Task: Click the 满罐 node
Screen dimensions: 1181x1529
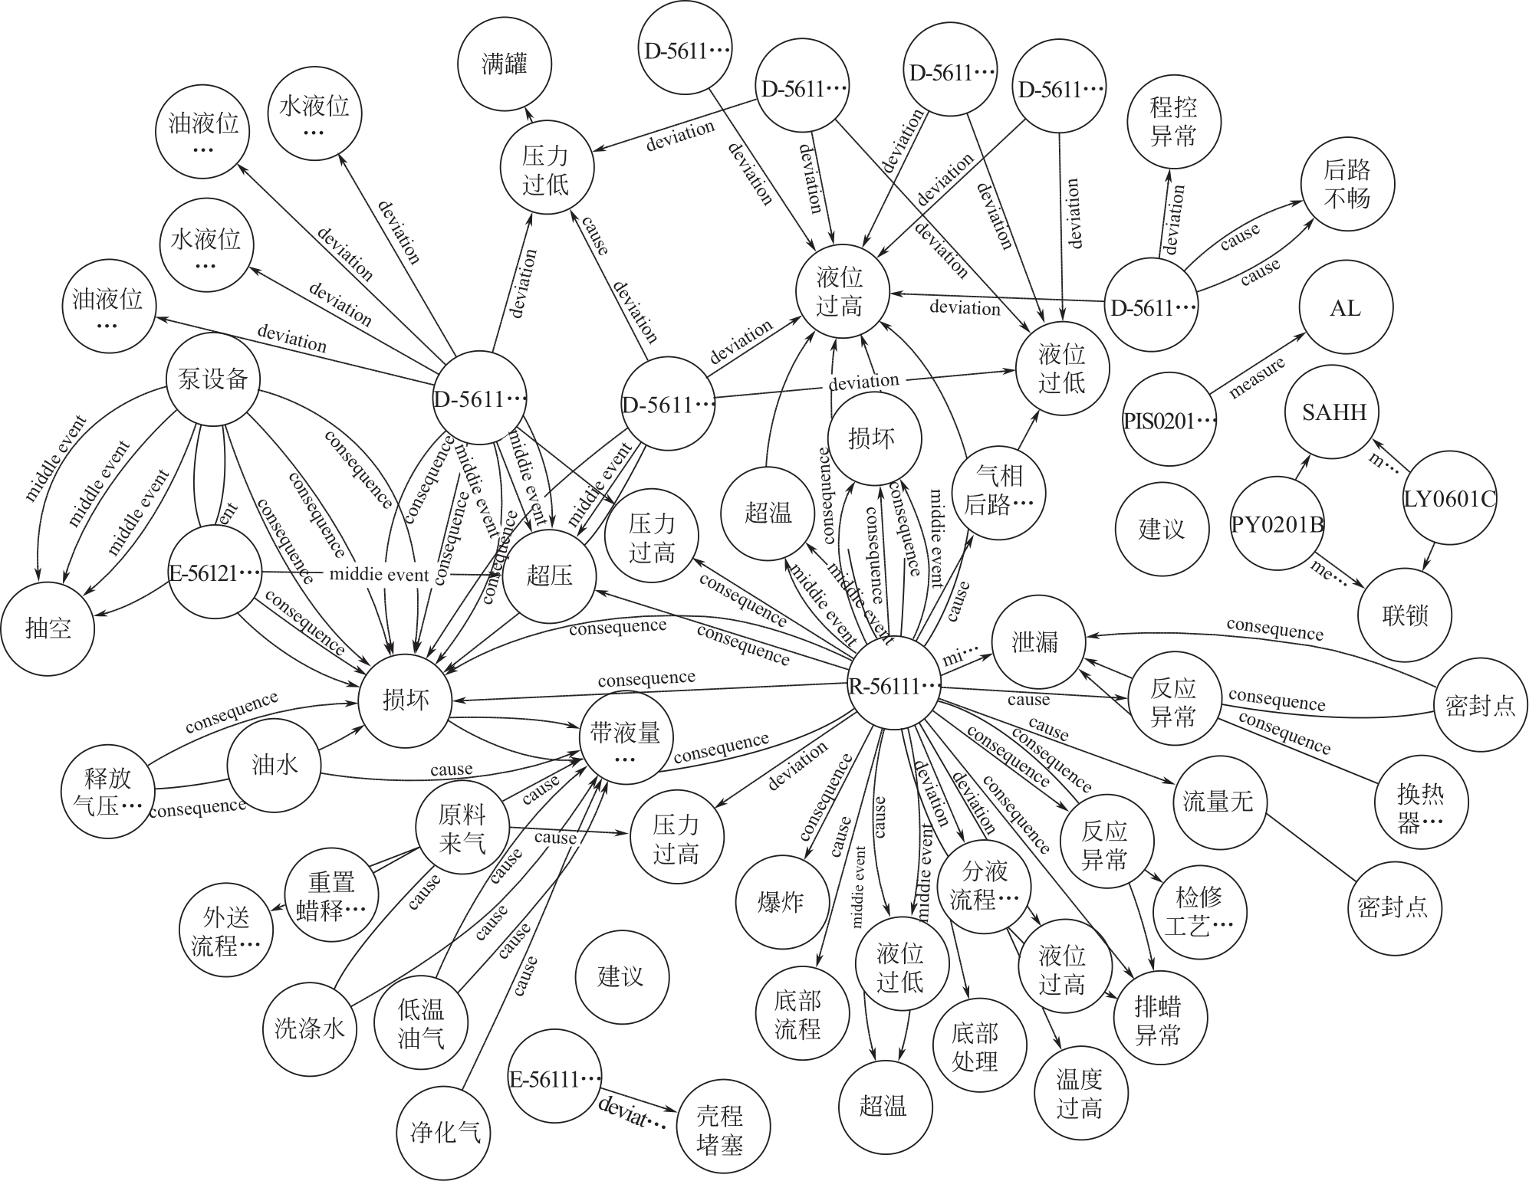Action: tap(505, 64)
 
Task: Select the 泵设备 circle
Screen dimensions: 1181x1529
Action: tap(213, 379)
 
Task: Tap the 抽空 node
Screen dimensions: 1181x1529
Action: tap(48, 629)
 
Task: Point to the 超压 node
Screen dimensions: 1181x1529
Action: tap(549, 575)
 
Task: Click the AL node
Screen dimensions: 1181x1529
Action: tap(1346, 308)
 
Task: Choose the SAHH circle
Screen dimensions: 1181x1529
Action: tap(1333, 412)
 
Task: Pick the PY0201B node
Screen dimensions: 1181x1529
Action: tap(1277, 525)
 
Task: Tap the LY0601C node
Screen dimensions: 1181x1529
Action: tap(1449, 500)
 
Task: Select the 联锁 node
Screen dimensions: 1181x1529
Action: tap(1405, 615)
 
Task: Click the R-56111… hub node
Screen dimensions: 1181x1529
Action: tap(894, 685)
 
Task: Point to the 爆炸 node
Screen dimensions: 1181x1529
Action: tap(781, 901)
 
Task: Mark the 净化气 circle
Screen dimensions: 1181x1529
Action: tap(446, 1132)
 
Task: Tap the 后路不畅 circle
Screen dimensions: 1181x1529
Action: tap(1347, 184)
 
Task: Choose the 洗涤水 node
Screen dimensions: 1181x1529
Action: tap(310, 1028)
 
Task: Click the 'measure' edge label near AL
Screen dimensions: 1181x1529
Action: tap(1257, 378)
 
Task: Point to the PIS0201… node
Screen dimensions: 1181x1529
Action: tap(1169, 421)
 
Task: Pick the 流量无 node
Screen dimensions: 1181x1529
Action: tap(1218, 802)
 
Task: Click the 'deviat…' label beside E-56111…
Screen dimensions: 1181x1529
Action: tap(633, 1110)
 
